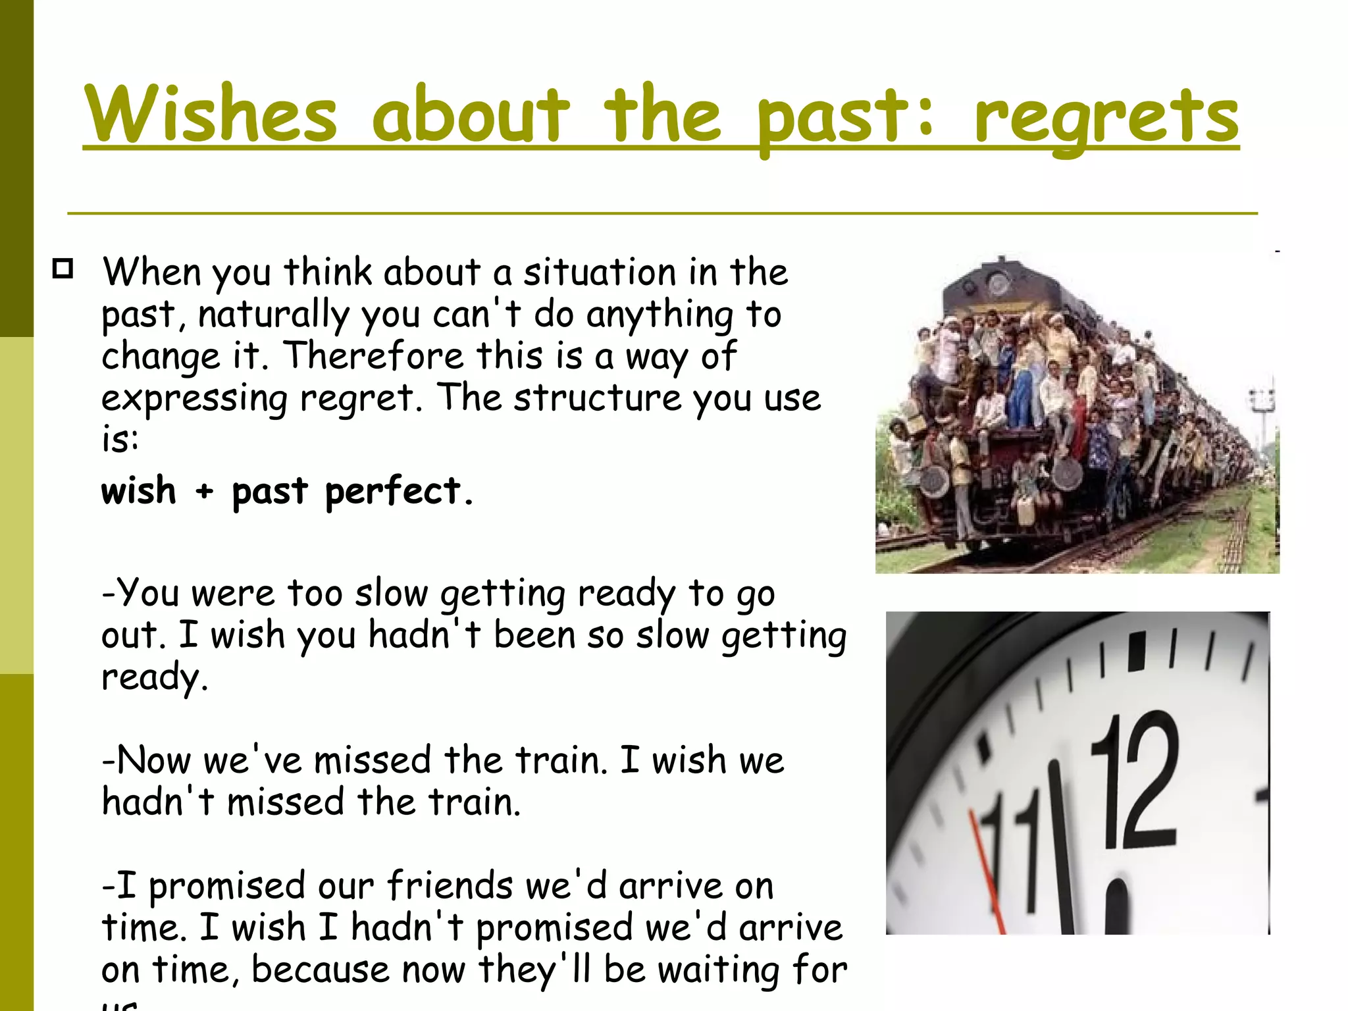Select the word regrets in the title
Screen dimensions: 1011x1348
pos(1106,117)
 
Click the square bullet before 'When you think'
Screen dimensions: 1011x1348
pos(63,269)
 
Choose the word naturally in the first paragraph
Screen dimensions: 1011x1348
pos(273,315)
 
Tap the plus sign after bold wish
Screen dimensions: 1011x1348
pos(205,492)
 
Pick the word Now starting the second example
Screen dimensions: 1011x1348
pos(153,760)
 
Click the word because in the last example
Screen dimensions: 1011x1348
pos(321,970)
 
